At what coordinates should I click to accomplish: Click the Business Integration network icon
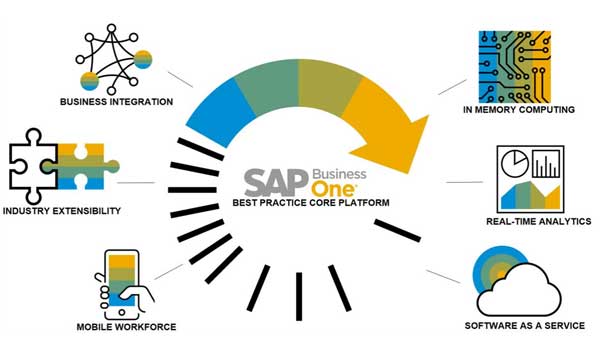[x=114, y=59]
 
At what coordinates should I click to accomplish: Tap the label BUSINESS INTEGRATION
[x=116, y=102]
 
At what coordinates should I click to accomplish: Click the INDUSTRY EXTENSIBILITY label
[x=62, y=211]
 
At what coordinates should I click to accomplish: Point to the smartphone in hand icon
[x=123, y=285]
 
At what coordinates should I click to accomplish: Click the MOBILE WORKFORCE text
[x=126, y=327]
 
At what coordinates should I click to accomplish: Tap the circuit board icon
[x=515, y=67]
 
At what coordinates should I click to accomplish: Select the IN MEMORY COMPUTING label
[x=518, y=110]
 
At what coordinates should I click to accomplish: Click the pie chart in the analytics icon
[x=515, y=164]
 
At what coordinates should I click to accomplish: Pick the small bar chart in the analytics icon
[x=546, y=164]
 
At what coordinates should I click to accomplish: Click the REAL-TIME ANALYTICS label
[x=538, y=222]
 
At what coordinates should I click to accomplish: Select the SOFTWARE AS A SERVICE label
[x=525, y=326]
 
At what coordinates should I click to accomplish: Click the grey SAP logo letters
[x=277, y=182]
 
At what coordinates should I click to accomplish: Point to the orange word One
[x=334, y=189]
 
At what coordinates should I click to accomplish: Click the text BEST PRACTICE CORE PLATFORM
[x=311, y=202]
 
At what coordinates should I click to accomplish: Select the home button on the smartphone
[x=121, y=312]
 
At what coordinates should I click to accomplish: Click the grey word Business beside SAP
[x=339, y=174]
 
